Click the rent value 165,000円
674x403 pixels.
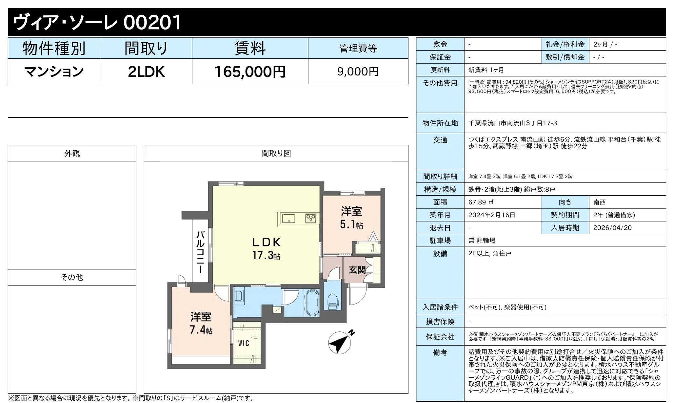250,72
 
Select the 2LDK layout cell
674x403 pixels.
146,72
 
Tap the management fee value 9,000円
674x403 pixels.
358,72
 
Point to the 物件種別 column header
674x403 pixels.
54,49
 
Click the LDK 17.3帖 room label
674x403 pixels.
266,248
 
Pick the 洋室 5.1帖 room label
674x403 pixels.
351,217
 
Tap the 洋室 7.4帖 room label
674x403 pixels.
201,323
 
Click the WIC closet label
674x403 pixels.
244,343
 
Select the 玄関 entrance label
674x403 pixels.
357,270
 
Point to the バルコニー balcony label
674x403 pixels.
200,252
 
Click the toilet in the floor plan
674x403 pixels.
333,300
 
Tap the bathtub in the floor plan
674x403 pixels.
311,303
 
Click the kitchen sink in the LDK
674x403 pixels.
288,218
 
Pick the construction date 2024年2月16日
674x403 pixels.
492,215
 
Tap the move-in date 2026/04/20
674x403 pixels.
612,228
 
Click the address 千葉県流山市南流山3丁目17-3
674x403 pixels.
513,123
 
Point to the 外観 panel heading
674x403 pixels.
72,153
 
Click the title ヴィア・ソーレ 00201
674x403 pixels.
97,22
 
